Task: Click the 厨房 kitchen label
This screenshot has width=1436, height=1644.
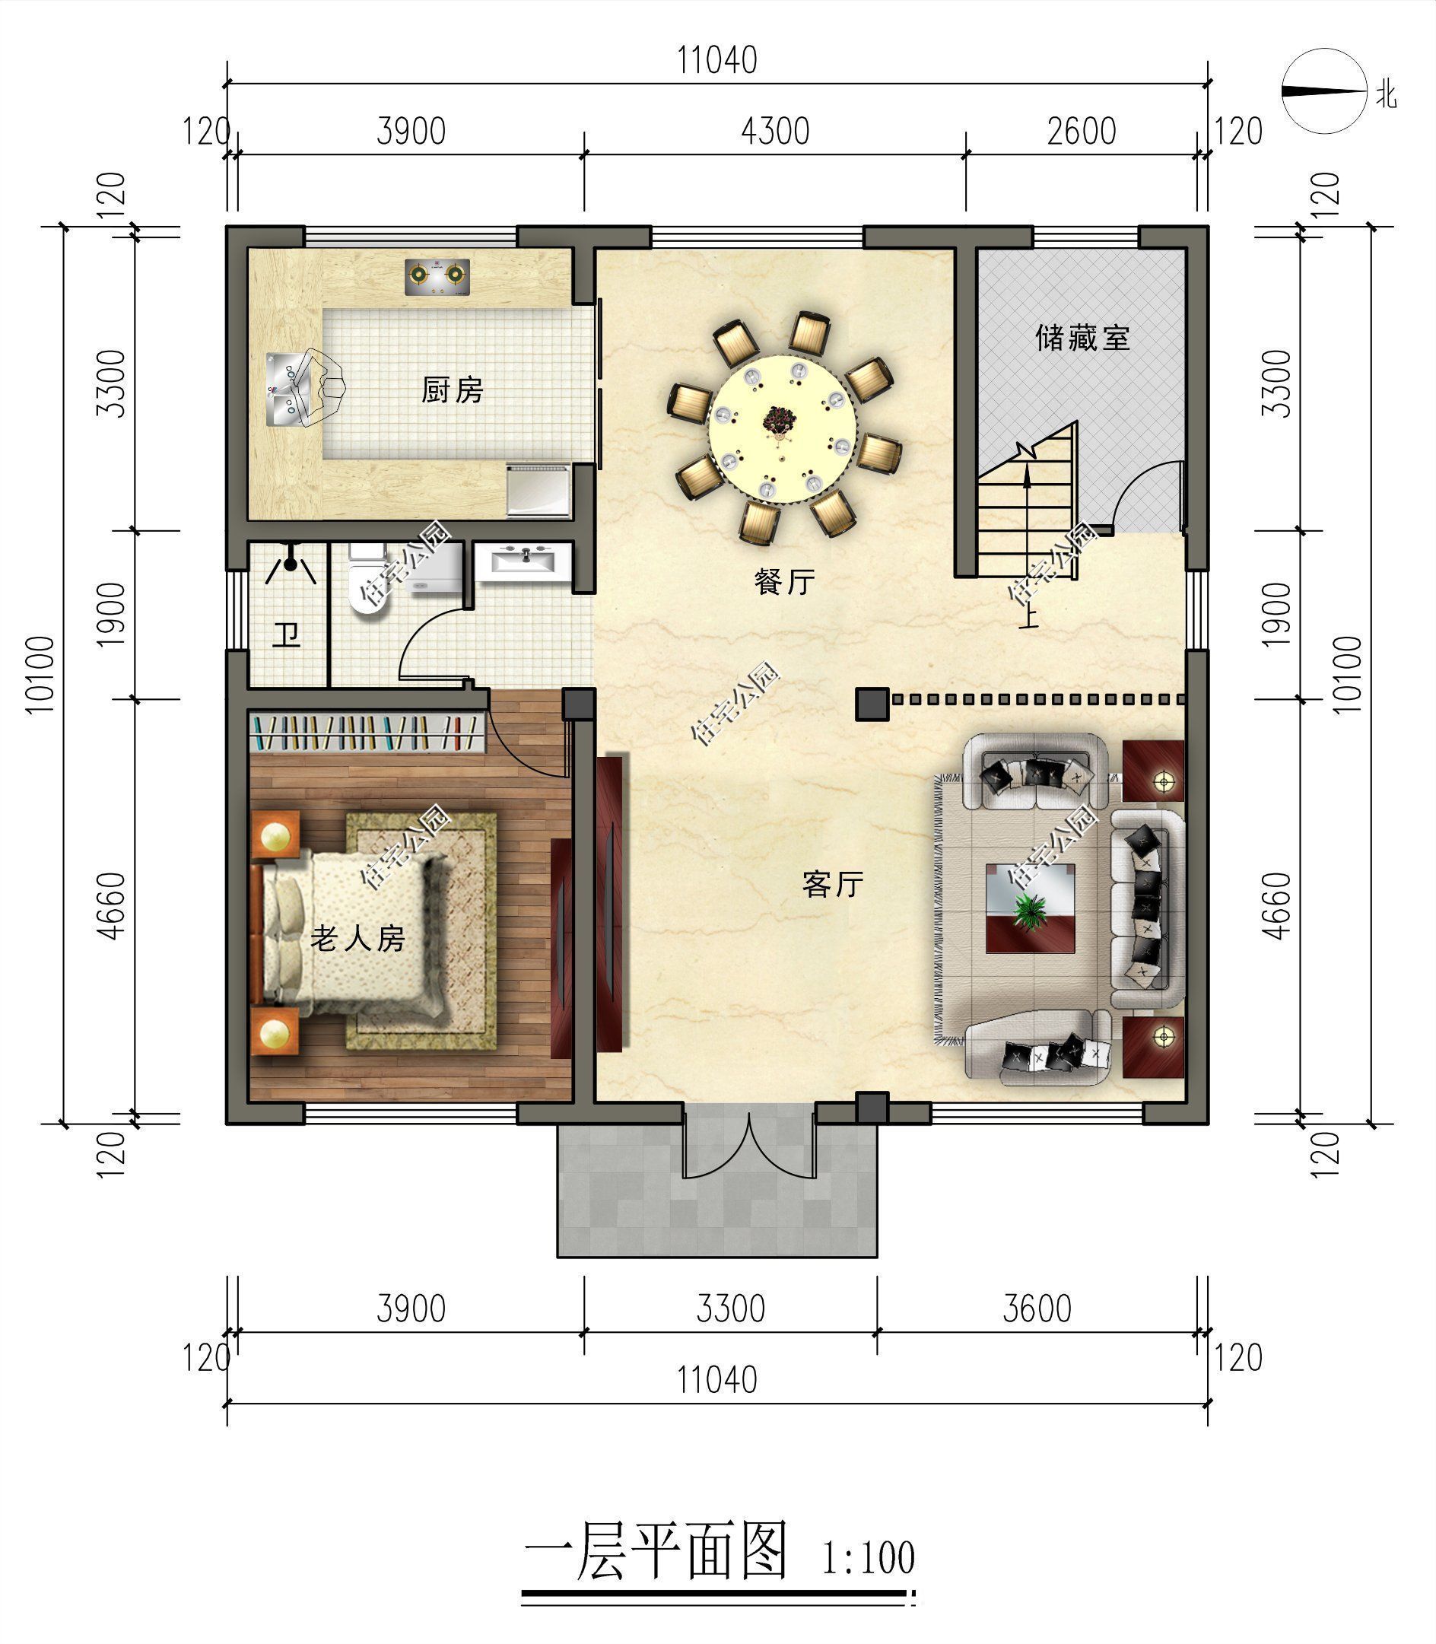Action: pos(453,390)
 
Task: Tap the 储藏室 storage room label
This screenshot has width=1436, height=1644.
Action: pos(1082,339)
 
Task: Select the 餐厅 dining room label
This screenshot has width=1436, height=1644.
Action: pos(784,581)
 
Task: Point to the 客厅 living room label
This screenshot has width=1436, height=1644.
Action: pos(833,884)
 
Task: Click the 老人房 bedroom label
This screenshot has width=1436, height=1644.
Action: pos(357,938)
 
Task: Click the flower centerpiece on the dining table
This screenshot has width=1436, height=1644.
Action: pos(776,418)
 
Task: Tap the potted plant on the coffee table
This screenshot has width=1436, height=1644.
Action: pos(1030,910)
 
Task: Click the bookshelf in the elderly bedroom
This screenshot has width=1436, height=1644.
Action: pos(369,733)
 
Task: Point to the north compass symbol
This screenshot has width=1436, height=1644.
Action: pos(1323,91)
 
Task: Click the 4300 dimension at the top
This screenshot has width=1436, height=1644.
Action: pos(774,132)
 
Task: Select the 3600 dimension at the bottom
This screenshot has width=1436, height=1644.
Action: pos(1036,1309)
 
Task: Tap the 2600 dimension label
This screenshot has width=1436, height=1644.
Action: pos(1081,132)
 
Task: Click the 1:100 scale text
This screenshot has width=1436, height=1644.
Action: pos(868,1557)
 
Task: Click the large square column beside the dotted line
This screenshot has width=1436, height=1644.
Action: pos(872,704)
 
